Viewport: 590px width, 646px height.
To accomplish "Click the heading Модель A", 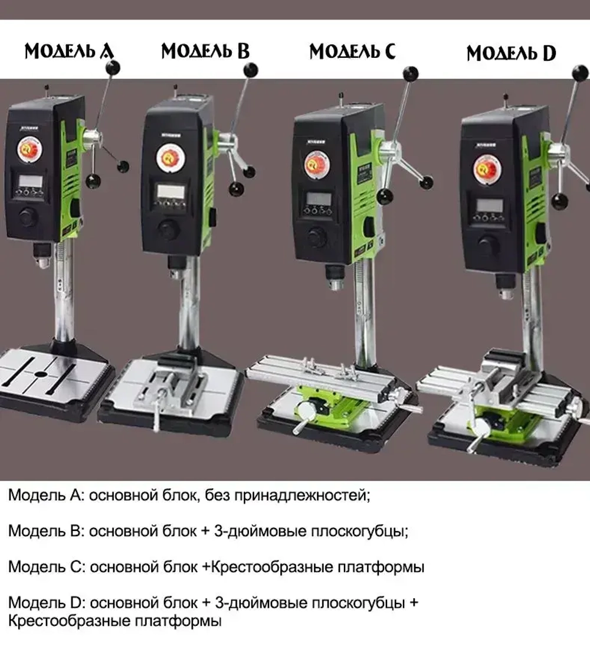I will point(68,51).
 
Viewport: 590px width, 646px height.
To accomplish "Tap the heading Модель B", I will point(205,51).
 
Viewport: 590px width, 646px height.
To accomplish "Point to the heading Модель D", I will point(511,53).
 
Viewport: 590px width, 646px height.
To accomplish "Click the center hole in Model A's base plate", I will point(40,374).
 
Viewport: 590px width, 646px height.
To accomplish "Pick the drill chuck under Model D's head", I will point(503,292).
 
